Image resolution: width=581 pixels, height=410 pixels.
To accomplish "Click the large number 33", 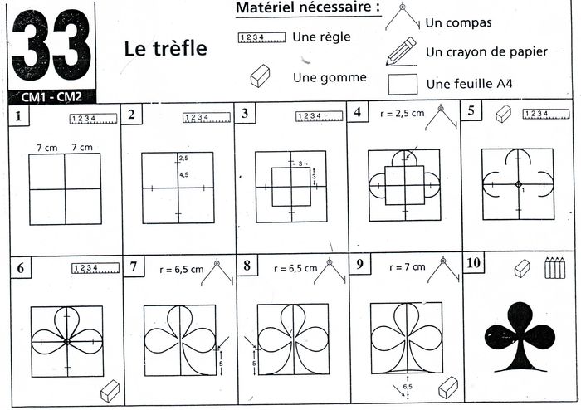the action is [x=51, y=45].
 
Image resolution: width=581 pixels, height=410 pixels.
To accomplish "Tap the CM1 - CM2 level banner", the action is [x=51, y=97].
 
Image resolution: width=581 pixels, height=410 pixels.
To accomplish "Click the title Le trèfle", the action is [x=165, y=49].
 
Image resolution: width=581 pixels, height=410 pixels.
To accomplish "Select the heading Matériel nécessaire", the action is [x=308, y=8].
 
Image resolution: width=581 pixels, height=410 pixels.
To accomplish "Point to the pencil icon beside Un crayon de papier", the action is [x=401, y=51].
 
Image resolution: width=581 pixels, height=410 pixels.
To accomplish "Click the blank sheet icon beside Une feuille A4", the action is [x=403, y=84].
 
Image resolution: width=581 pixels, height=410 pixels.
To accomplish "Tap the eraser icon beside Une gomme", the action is [x=260, y=76].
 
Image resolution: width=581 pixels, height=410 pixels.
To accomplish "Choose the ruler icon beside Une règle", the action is [x=262, y=37].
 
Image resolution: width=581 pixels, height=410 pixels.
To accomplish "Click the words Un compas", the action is [x=458, y=23].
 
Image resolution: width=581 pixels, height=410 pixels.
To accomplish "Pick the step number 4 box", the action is [x=358, y=111].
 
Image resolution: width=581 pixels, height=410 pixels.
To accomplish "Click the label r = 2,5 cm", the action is [x=402, y=114].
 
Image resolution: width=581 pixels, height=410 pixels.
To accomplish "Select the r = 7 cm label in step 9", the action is [x=408, y=267].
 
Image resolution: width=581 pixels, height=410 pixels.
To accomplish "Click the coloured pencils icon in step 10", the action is [x=555, y=267].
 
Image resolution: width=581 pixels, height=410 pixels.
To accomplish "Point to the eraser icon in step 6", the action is [x=110, y=391].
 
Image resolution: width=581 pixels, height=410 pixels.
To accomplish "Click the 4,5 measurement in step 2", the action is [x=183, y=175].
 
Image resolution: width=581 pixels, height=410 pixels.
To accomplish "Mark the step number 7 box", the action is [x=134, y=266].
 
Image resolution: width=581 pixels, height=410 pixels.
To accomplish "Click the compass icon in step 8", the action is [x=330, y=271].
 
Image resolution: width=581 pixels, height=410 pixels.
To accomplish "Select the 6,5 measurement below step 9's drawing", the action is [x=408, y=386].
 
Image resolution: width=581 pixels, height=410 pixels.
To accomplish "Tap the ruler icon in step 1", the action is [x=93, y=119].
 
